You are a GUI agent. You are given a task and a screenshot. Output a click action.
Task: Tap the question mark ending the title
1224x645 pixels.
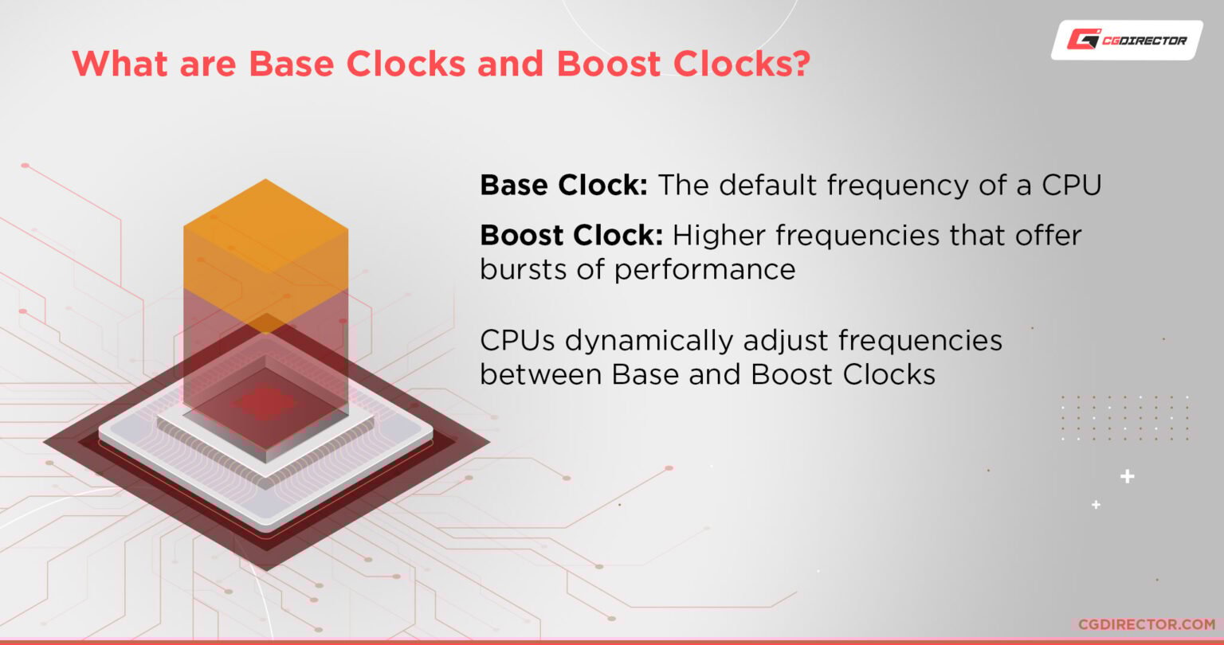click(x=798, y=64)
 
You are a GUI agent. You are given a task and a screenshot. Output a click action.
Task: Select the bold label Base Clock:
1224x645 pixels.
click(x=563, y=186)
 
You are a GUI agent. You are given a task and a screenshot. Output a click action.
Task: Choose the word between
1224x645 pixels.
click(x=541, y=374)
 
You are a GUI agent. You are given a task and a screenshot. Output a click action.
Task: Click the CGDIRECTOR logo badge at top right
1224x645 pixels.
click(x=1127, y=40)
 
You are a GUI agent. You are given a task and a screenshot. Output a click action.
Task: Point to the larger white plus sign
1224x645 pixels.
click(x=1127, y=477)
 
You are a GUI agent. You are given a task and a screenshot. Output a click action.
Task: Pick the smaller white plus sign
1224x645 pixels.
click(x=1096, y=505)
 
